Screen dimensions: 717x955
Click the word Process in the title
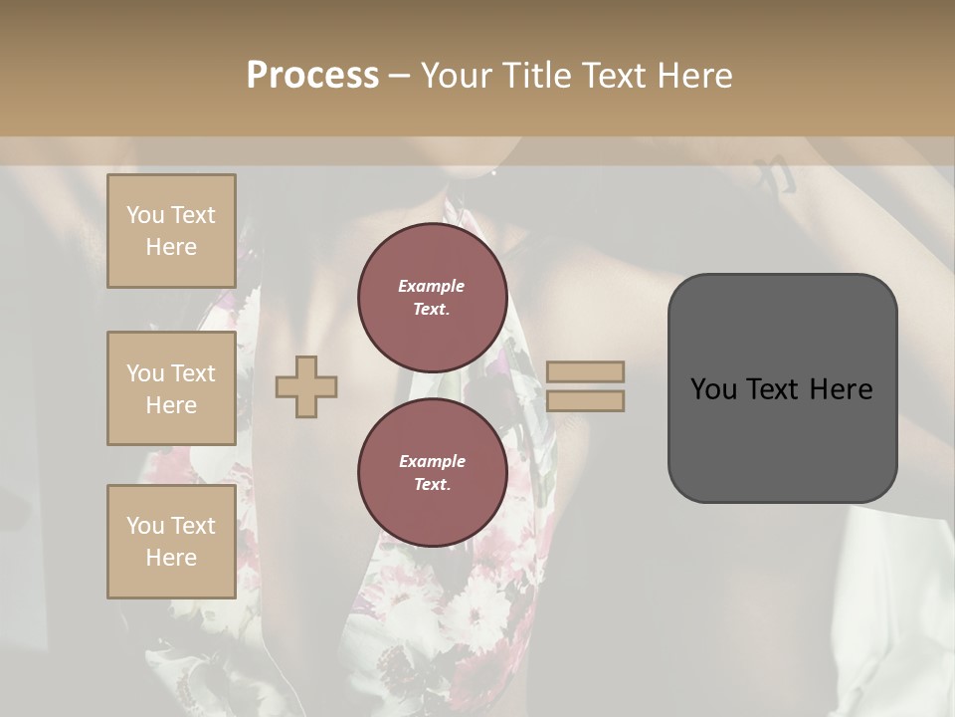coord(312,76)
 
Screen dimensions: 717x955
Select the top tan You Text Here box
coord(171,231)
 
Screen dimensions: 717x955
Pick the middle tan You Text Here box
coord(171,388)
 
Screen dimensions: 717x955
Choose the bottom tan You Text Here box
coord(171,542)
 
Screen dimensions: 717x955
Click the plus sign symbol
coord(306,386)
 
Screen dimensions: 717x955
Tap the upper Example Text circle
coord(432,298)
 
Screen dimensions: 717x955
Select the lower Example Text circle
coord(432,473)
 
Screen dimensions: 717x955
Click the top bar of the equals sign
coord(586,371)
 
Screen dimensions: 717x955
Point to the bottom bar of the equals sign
coord(586,400)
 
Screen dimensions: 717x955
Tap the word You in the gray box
coord(713,389)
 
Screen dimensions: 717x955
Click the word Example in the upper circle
coord(432,286)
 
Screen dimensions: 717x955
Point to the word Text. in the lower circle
coord(432,485)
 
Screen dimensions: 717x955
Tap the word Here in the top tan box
coord(171,247)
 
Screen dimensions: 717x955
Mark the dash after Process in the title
coord(399,76)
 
